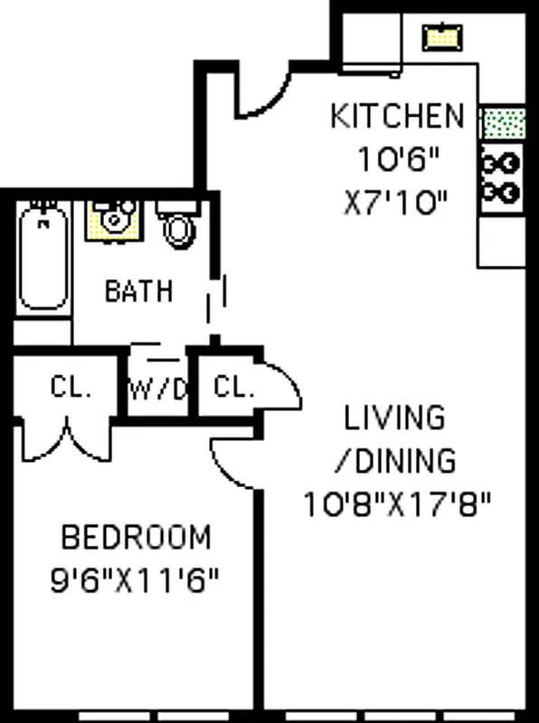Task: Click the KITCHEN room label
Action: tap(397, 117)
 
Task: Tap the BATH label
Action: tap(139, 291)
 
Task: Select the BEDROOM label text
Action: tap(136, 538)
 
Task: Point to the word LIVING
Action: tap(395, 418)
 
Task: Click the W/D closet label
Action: tap(158, 390)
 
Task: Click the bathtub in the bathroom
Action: tap(43, 258)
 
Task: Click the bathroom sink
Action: tap(112, 220)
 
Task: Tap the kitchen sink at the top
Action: tap(441, 36)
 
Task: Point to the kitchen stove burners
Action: tap(500, 177)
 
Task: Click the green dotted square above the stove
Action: tap(501, 123)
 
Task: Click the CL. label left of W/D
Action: tap(71, 389)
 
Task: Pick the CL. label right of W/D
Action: tap(233, 389)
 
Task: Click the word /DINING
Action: tap(395, 461)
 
